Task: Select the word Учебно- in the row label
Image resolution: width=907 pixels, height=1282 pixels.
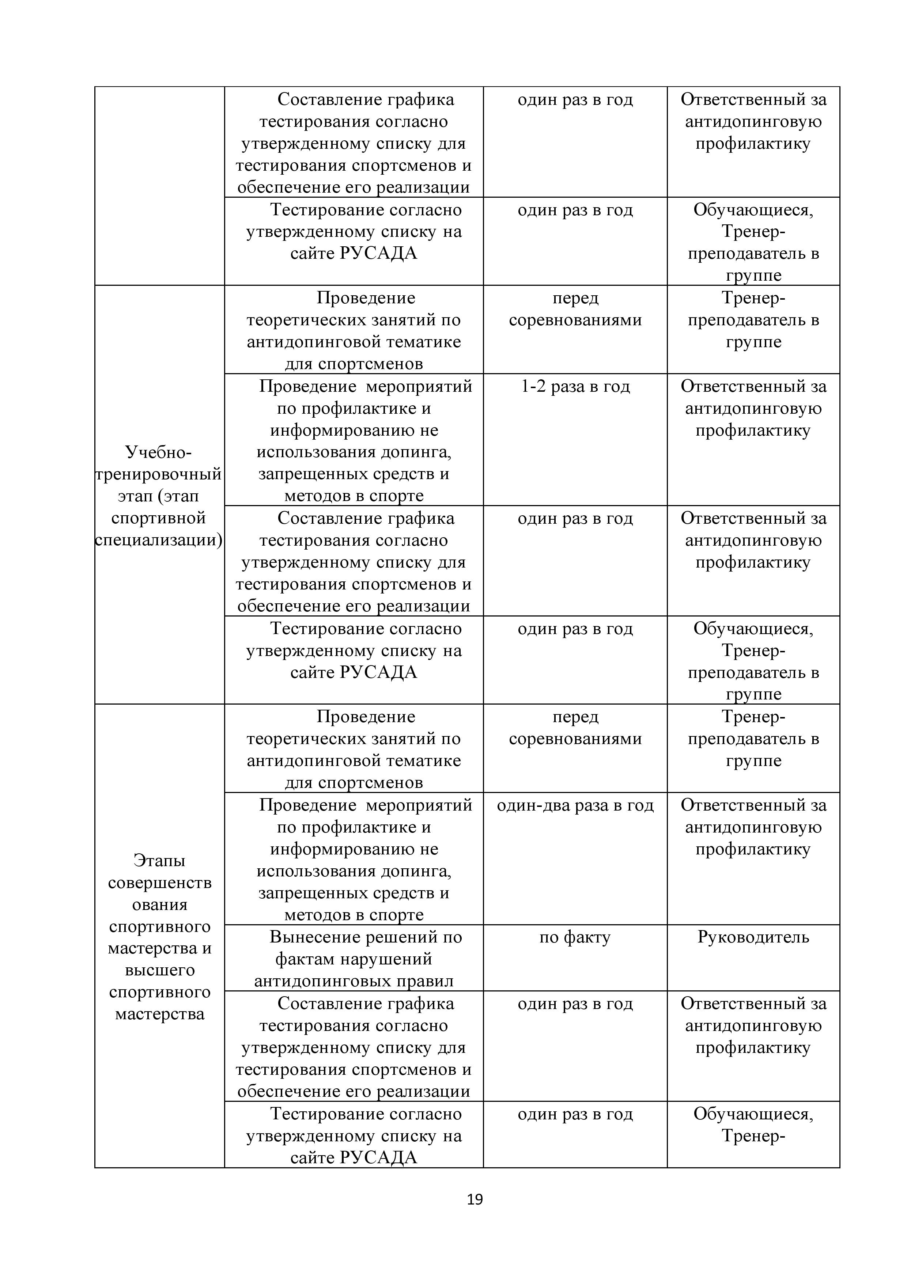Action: point(159,452)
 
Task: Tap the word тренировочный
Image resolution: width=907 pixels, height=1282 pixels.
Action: point(159,474)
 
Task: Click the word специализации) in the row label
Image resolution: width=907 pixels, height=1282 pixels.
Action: point(159,540)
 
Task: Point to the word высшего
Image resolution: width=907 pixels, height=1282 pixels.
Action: point(160,970)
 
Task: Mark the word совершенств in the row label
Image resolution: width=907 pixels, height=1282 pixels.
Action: point(160,883)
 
